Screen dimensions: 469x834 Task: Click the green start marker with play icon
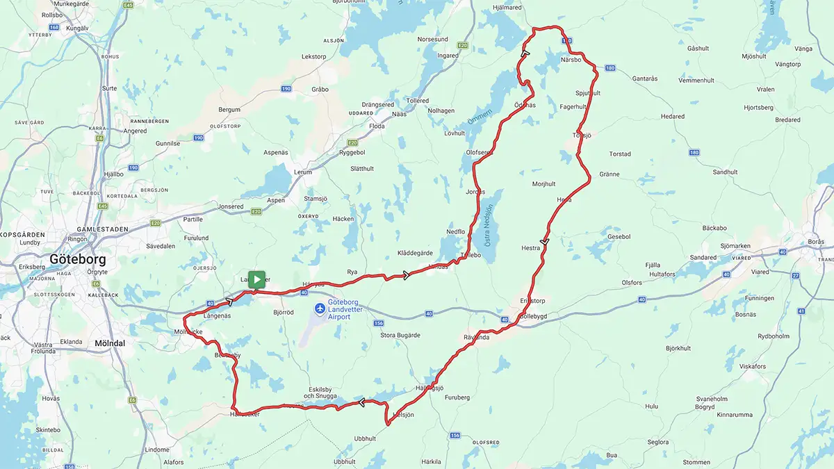pyautogui.click(x=256, y=279)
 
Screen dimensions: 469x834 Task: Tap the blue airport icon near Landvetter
pyautogui.click(x=319, y=308)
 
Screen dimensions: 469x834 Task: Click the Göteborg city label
pyautogui.click(x=77, y=259)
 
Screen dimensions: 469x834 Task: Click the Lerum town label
pyautogui.click(x=304, y=172)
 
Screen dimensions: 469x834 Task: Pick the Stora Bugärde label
pyautogui.click(x=400, y=336)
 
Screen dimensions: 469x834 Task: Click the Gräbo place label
pyautogui.click(x=320, y=89)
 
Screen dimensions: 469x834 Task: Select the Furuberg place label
pyautogui.click(x=457, y=397)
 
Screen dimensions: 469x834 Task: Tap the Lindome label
pyautogui.click(x=157, y=450)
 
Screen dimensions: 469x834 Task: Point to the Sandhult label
pyautogui.click(x=725, y=172)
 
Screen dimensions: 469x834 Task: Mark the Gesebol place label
pyautogui.click(x=619, y=236)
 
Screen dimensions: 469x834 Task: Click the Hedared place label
pyautogui.click(x=672, y=117)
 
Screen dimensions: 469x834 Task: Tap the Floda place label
pyautogui.click(x=376, y=126)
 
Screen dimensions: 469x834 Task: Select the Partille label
pyautogui.click(x=192, y=219)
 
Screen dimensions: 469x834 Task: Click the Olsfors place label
pyautogui.click(x=632, y=283)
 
